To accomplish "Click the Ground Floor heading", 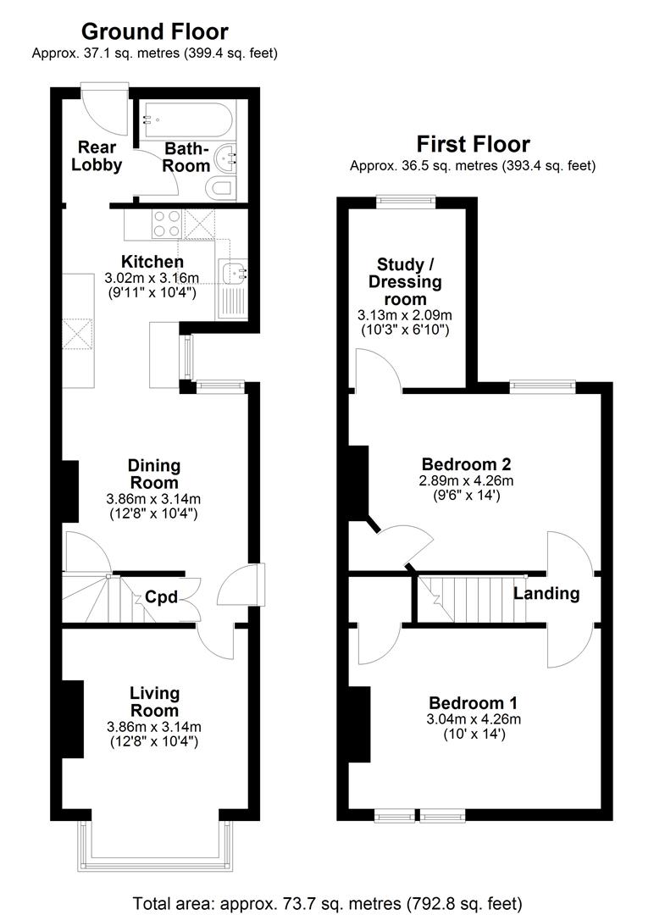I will click(154, 32).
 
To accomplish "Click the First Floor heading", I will click(472, 144).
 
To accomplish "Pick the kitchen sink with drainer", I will click(231, 287).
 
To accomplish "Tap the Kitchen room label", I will click(152, 262).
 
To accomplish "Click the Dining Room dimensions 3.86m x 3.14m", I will click(153, 498).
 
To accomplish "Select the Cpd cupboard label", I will click(160, 596).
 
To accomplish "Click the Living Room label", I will click(154, 702).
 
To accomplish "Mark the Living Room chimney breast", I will click(72, 718).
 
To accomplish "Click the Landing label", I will click(546, 593).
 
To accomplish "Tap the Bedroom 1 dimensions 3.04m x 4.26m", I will click(474, 719).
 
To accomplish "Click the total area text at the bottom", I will click(327, 902).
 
